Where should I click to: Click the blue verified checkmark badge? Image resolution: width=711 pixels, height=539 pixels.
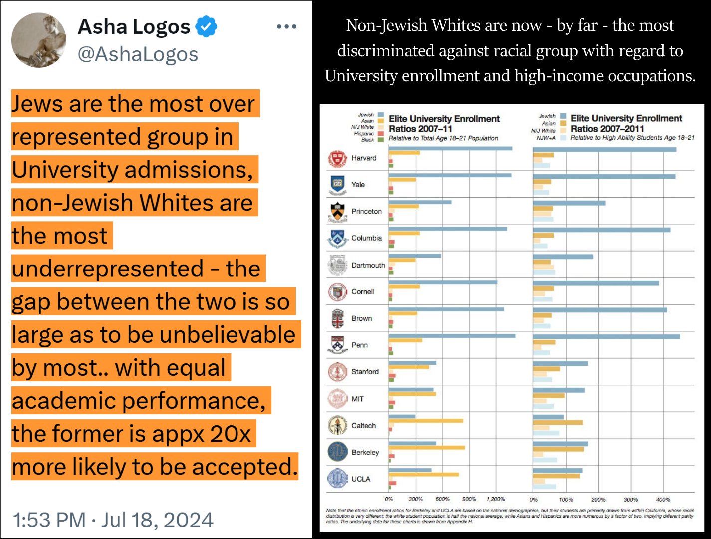[206, 26]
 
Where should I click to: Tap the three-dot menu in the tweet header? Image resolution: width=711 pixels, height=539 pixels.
[286, 26]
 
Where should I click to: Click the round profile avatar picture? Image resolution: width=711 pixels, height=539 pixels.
[39, 40]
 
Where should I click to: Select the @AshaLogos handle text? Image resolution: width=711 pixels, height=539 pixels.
[138, 54]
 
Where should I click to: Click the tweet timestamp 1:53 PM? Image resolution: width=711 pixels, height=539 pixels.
[49, 520]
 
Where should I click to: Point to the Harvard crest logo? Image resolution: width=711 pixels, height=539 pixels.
[337, 158]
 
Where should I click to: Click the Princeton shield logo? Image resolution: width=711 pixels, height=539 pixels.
[337, 212]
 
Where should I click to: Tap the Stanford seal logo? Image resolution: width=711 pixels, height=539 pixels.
[337, 372]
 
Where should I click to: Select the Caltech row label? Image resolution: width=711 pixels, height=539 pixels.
[363, 426]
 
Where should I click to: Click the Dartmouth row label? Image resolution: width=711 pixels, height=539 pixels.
[368, 265]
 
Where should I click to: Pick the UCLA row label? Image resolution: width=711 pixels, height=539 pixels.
[361, 479]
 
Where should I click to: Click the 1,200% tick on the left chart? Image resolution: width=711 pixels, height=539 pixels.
[495, 499]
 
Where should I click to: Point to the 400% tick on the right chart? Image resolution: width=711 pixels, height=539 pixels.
[663, 499]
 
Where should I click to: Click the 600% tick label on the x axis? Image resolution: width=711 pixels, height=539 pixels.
[442, 499]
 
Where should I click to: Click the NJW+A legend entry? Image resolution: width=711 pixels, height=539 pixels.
[546, 138]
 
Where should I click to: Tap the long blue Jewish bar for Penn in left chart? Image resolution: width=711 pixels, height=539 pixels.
[452, 336]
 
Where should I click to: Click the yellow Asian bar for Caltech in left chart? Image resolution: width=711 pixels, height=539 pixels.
[426, 421]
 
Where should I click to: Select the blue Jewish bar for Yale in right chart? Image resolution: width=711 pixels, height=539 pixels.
[604, 176]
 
